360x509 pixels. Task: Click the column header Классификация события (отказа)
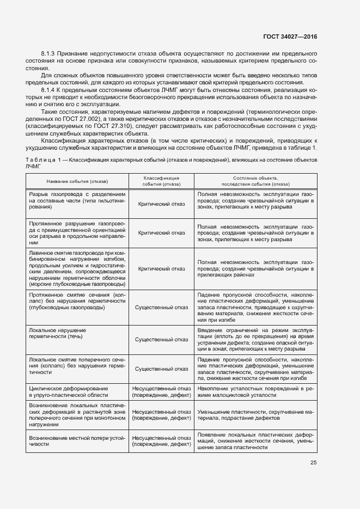click(x=161, y=181)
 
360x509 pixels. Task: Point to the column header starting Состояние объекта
click(x=255, y=181)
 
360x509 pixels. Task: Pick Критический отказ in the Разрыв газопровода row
click(x=161, y=204)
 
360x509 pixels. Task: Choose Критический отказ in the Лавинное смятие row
click(x=161, y=268)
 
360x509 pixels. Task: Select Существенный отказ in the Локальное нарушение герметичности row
click(x=161, y=340)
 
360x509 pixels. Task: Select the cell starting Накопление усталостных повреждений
click(x=255, y=392)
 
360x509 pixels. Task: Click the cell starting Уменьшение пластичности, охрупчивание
click(x=255, y=415)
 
